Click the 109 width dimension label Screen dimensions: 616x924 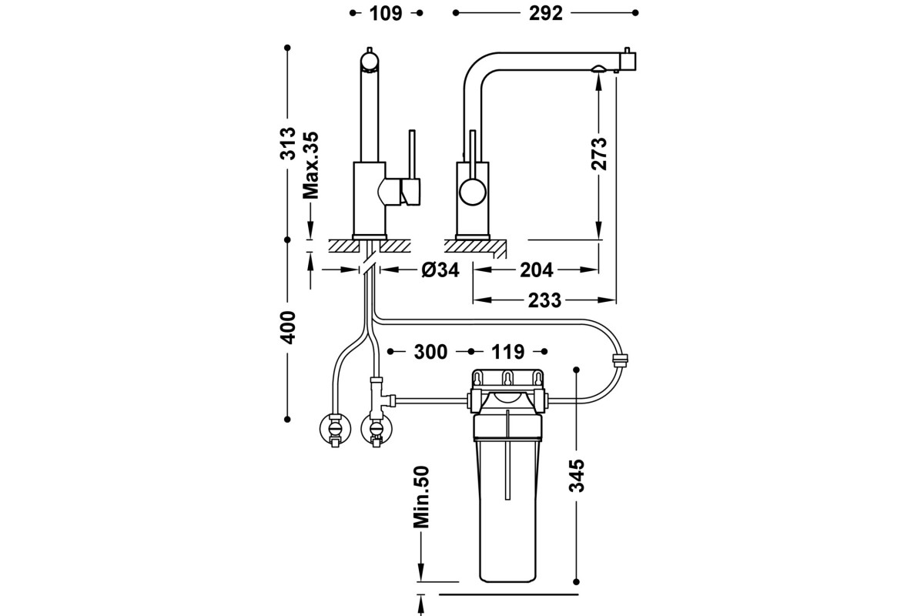tap(386, 13)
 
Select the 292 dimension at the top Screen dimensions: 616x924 tap(546, 13)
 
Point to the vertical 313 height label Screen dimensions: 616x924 tap(287, 142)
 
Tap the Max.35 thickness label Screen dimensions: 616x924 tap(310, 166)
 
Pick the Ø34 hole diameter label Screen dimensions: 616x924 tap(440, 270)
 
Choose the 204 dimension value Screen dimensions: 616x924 tap(537, 270)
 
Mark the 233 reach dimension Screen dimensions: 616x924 tap(545, 300)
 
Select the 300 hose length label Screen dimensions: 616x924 tap(430, 352)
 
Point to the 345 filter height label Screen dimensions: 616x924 tap(577, 476)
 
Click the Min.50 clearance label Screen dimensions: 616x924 tap(420, 497)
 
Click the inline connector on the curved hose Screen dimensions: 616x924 tap(620, 360)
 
